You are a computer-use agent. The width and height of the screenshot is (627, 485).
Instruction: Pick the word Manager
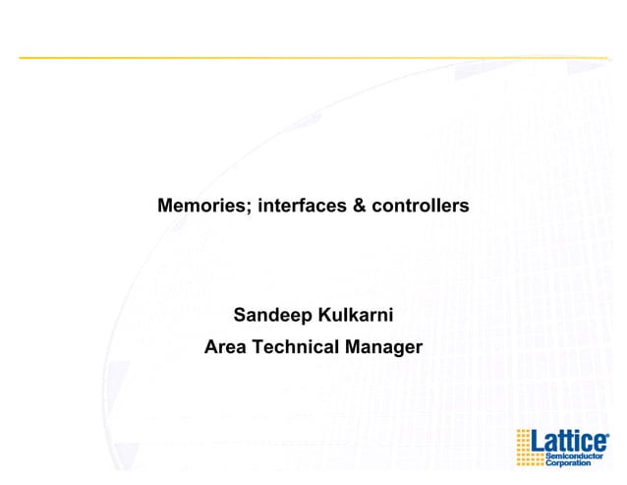tap(383, 346)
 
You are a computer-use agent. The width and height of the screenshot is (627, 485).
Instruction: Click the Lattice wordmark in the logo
tap(567, 440)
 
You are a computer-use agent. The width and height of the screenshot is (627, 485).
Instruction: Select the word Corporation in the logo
tap(569, 462)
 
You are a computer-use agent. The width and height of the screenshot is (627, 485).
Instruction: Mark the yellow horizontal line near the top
tap(313, 57)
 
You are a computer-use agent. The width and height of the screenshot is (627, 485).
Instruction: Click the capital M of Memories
tap(165, 207)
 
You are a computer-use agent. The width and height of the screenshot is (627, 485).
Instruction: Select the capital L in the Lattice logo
tap(538, 440)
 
